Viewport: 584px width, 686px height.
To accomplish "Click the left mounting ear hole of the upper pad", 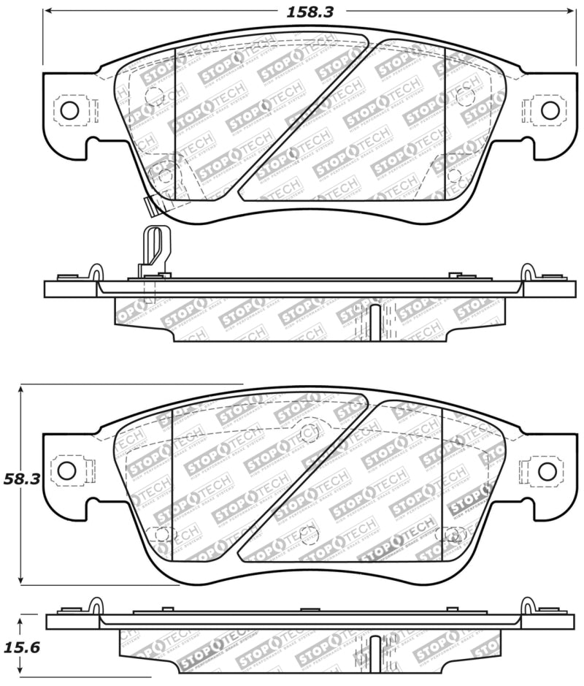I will click(x=69, y=110).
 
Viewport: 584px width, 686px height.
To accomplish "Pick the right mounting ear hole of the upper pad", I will click(x=550, y=110).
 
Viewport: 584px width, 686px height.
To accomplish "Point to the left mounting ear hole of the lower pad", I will click(x=67, y=470).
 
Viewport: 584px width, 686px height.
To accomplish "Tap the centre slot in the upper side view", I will click(x=374, y=321).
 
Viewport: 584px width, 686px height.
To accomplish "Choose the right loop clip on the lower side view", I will click(x=527, y=606).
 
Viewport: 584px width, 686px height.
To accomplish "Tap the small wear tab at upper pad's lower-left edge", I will click(x=151, y=207).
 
